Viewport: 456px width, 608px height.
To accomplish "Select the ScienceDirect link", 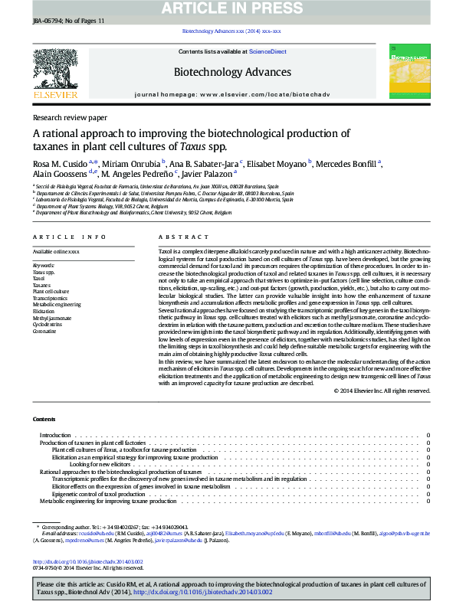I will click(267, 51).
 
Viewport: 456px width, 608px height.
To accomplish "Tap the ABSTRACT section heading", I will click(172, 237).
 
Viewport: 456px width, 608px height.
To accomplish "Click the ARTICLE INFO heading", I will click(69, 237).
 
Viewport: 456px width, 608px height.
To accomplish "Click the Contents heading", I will click(43, 420).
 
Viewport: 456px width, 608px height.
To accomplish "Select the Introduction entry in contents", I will click(54, 435).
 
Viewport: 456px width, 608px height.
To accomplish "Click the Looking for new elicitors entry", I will click(100, 464).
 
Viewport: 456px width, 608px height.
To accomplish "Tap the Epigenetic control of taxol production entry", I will click(98, 493).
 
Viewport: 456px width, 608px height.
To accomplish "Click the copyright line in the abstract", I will click(382, 391).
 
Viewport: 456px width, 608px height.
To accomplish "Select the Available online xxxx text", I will click(55, 252).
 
